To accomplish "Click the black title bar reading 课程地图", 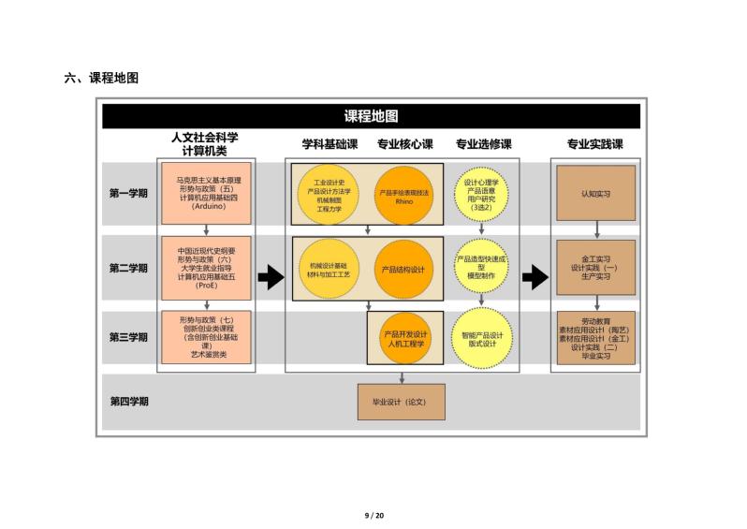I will [x=371, y=116].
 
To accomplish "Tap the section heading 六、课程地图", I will [x=101, y=78].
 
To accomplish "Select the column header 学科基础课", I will [x=330, y=144].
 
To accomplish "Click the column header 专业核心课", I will [x=404, y=144].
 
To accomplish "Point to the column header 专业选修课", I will [x=483, y=144].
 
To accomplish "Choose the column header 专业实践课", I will [x=594, y=144].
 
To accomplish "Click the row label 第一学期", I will [x=128, y=194].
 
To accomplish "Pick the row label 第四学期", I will [x=128, y=401].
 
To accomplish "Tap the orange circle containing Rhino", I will [x=403, y=196].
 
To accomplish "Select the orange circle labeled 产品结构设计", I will [x=403, y=269].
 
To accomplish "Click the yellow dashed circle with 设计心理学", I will [x=481, y=194].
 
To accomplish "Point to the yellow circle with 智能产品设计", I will [x=481, y=338].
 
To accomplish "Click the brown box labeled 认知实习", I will [x=595, y=194].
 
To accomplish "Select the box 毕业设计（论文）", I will [x=402, y=401].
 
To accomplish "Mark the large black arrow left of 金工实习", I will [x=535, y=277].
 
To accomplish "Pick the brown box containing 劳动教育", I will [x=595, y=337].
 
